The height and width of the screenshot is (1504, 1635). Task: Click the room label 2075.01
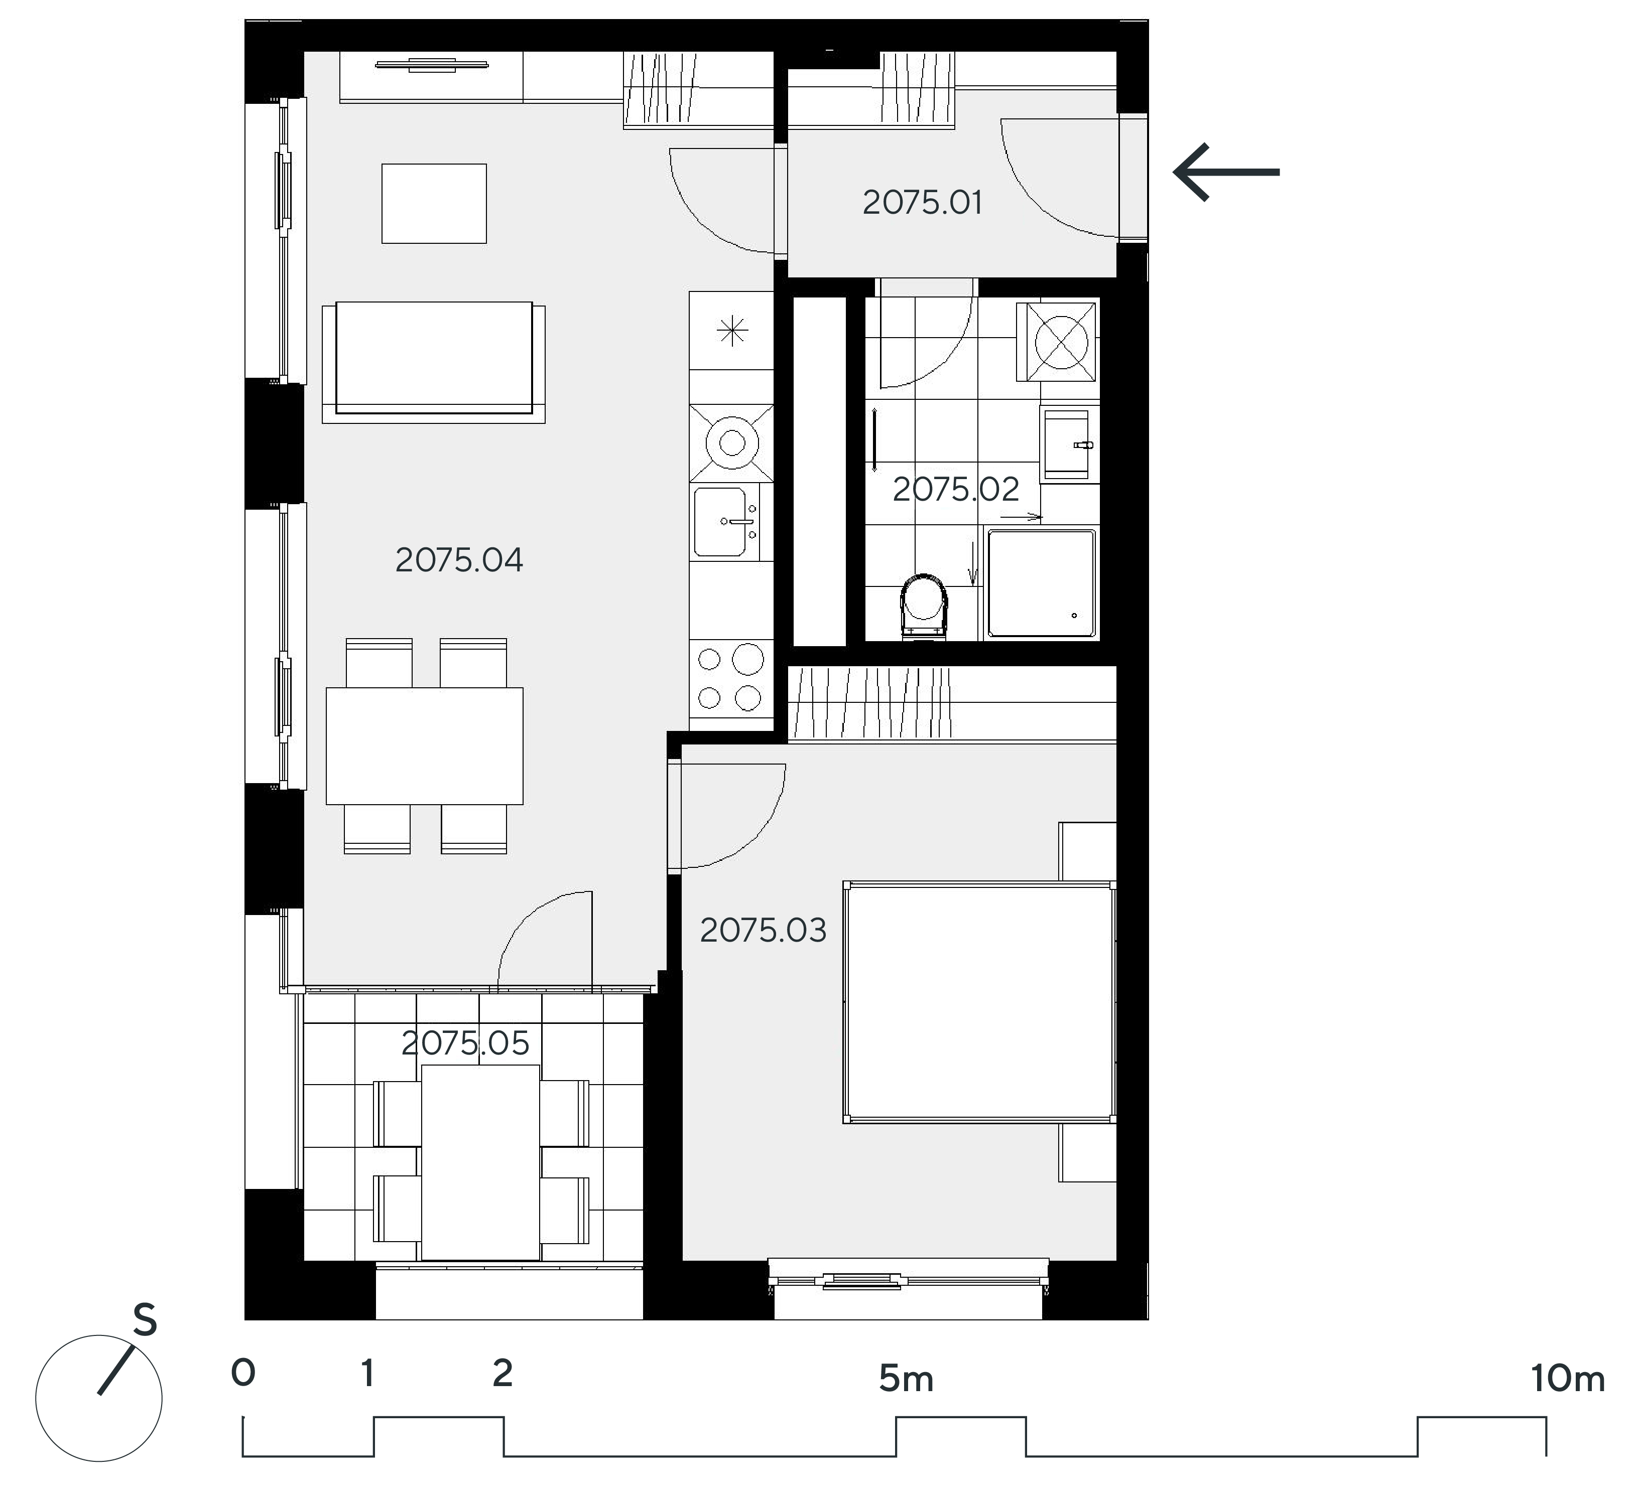(x=923, y=203)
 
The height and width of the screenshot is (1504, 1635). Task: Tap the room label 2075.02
(x=956, y=489)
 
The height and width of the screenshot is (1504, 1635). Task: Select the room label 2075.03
(x=763, y=930)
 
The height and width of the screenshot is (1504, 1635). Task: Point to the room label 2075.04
(x=459, y=560)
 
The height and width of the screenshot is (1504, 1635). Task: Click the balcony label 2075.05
(x=466, y=1043)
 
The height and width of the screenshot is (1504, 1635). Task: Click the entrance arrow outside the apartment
(x=1226, y=172)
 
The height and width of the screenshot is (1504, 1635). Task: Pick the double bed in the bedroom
(x=979, y=1003)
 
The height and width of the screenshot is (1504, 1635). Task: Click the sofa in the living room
(x=434, y=362)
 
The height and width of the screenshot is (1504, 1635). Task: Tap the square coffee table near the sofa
(x=434, y=204)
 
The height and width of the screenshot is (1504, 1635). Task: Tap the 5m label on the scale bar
(x=906, y=1379)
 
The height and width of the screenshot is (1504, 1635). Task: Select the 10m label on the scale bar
(x=1567, y=1379)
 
